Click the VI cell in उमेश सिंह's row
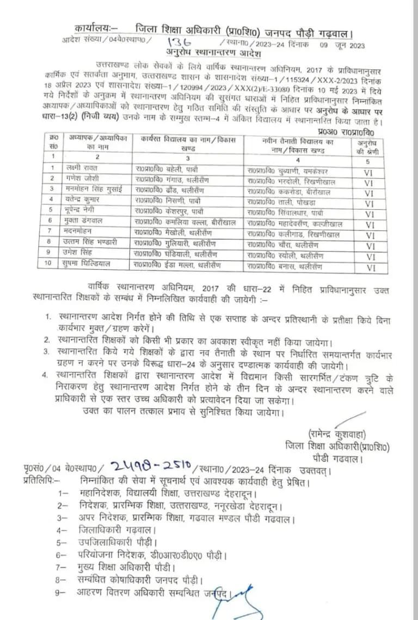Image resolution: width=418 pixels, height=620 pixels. [370, 257]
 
